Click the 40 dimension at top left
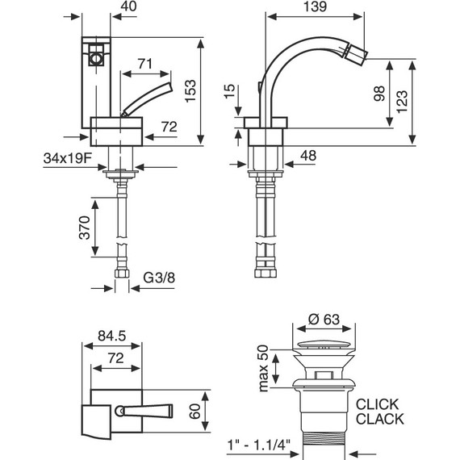(x=127, y=7)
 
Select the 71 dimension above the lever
(x=146, y=63)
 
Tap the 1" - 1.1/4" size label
(x=260, y=444)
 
